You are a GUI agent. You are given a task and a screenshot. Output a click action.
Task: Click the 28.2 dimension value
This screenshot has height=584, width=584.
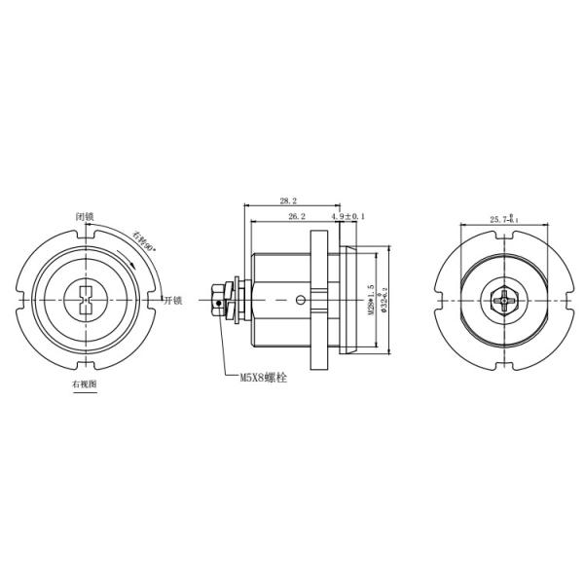tap(288, 200)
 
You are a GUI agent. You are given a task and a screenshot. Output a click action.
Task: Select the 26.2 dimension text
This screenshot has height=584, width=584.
tap(297, 215)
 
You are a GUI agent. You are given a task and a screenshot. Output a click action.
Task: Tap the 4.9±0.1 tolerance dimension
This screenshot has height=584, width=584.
tap(348, 215)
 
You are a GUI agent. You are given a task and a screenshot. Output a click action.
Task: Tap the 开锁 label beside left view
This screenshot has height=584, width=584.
tap(173, 300)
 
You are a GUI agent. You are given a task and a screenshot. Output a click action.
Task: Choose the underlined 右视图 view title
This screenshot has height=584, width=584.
tap(85, 384)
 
